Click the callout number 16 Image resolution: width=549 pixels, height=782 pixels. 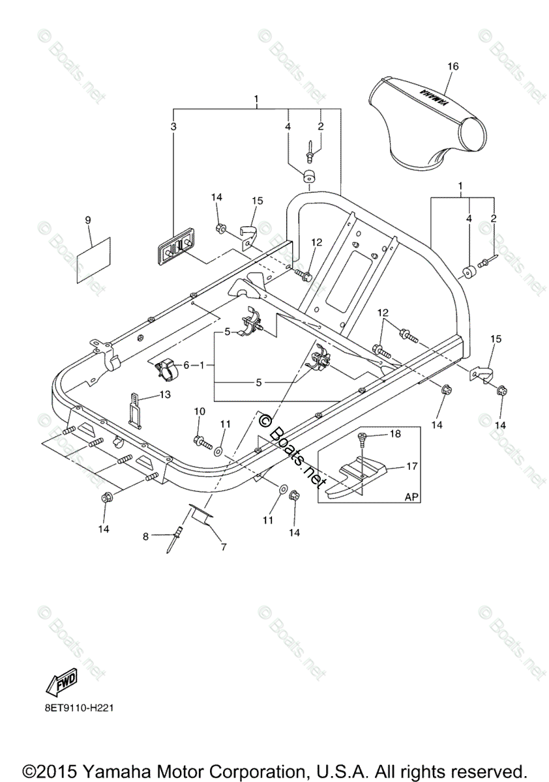click(453, 66)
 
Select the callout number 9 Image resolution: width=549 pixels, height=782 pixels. click(88, 220)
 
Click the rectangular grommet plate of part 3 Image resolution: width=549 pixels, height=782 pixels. click(177, 248)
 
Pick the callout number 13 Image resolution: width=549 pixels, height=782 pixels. click(164, 394)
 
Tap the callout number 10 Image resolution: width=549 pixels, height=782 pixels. click(200, 411)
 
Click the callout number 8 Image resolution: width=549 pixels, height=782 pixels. click(146, 536)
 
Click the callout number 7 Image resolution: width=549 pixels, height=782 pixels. click(224, 547)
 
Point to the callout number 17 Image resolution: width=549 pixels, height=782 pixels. click(411, 466)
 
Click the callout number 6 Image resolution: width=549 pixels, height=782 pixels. click(185, 366)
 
